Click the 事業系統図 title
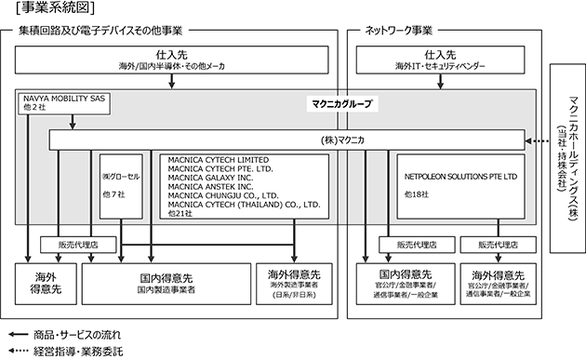55,7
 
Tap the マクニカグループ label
342,103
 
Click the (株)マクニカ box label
342,140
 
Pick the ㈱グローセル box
121,186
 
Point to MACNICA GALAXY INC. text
210,178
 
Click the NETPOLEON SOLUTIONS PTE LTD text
460,177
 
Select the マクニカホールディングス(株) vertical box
567,158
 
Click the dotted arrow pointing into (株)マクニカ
537,141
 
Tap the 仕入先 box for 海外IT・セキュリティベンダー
440,60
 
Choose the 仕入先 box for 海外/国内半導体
171,60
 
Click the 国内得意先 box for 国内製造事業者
166,284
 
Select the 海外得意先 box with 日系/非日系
294,284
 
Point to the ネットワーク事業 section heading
398,31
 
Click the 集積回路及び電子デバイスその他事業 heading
100,31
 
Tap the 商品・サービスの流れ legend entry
65,335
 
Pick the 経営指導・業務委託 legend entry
66,351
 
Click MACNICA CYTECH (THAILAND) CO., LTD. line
244,205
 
